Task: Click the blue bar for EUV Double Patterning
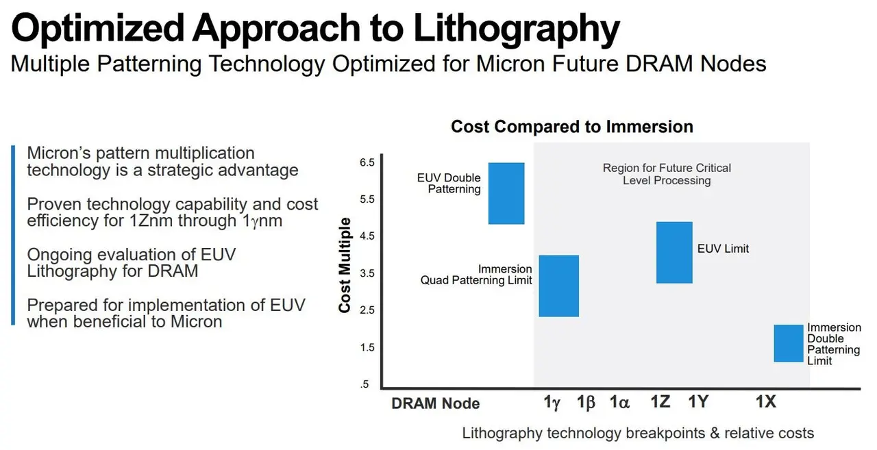(x=506, y=193)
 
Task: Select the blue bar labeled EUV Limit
(x=674, y=252)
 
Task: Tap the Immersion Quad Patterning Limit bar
(x=559, y=286)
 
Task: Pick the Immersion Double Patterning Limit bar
(x=788, y=343)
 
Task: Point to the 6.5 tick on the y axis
(x=367, y=162)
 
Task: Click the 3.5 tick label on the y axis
(x=367, y=273)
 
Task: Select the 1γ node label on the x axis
(x=552, y=403)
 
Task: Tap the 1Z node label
(x=660, y=402)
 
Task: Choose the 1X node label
(x=765, y=402)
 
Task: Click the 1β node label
(x=586, y=403)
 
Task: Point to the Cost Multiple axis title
(x=345, y=265)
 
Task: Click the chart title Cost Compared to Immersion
(x=571, y=127)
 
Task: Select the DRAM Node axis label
(x=435, y=403)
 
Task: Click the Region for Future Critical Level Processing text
(x=666, y=174)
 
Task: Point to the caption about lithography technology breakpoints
(x=637, y=433)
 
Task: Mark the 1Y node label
(x=697, y=402)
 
